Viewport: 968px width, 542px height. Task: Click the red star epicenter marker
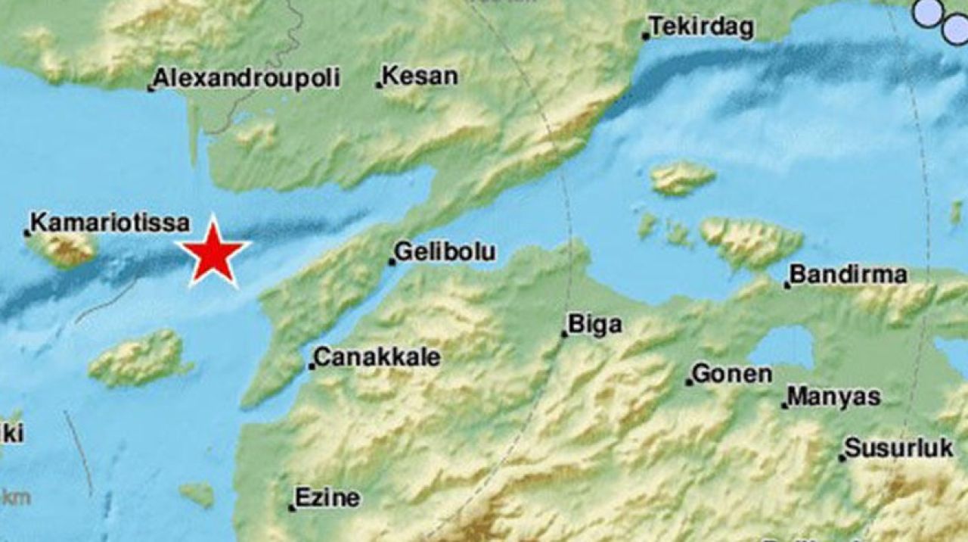[216, 254]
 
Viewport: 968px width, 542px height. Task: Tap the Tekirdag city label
[702, 28]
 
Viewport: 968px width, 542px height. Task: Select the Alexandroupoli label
[247, 78]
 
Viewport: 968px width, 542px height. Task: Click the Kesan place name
[420, 76]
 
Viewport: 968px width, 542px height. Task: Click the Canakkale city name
[377, 357]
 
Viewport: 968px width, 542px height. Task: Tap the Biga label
[594, 325]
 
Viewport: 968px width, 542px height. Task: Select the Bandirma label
[848, 275]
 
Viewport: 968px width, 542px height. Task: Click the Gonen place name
[732, 373]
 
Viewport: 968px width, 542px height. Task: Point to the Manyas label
[834, 397]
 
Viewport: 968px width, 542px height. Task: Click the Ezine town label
[327, 498]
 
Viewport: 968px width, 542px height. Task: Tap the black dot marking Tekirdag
[645, 36]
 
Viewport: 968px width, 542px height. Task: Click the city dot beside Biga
[563, 333]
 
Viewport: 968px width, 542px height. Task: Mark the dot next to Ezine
[292, 508]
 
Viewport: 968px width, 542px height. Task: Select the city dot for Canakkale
[311, 367]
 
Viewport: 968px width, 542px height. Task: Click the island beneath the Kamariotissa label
[67, 248]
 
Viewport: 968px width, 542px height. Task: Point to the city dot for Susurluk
[842, 457]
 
